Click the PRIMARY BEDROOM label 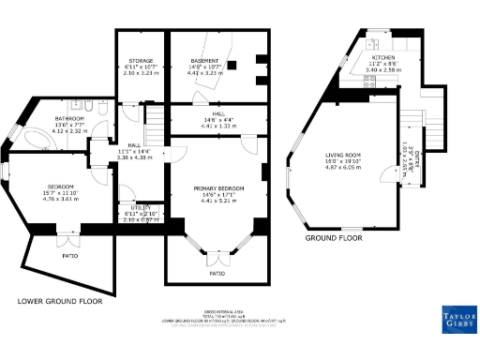(217, 188)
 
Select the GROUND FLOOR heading (334, 238)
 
